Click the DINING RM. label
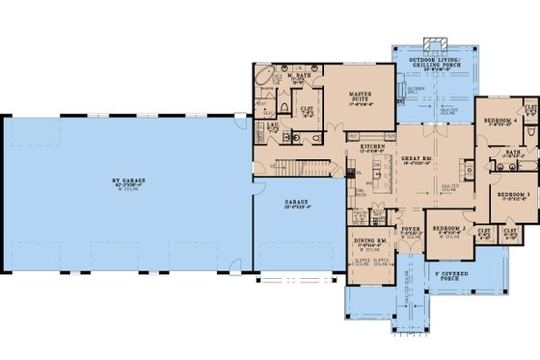370,244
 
